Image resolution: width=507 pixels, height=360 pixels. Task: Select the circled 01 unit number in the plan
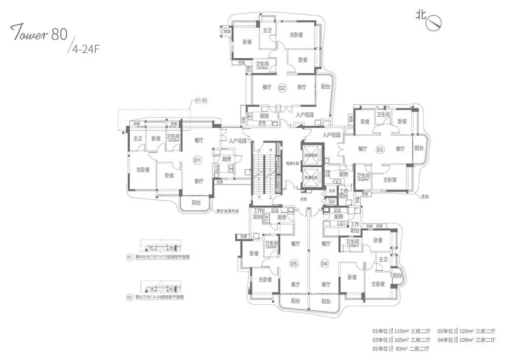tap(197, 160)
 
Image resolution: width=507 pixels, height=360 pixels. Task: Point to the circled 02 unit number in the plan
tap(282, 88)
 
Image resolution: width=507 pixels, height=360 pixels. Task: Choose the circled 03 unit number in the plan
tap(380, 149)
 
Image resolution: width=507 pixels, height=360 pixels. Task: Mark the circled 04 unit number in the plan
tap(324, 263)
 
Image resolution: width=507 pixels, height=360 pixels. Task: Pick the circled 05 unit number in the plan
tap(293, 263)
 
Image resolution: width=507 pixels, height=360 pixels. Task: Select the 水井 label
tap(332, 191)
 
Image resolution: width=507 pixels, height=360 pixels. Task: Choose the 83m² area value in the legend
tap(402, 349)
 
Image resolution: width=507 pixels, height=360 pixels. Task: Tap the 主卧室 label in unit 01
tap(142, 169)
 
